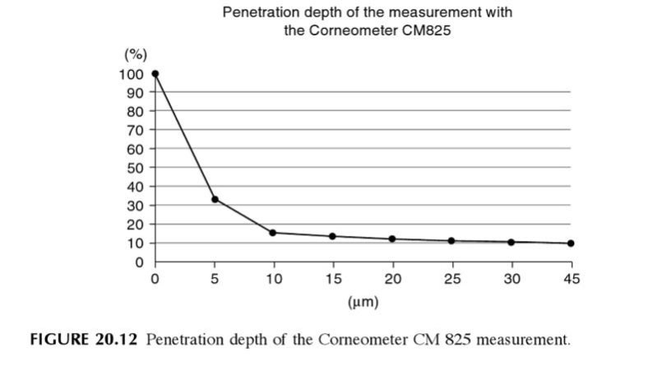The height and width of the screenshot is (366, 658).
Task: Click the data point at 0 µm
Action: [x=155, y=74]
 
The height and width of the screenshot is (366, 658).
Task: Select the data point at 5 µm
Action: [x=215, y=199]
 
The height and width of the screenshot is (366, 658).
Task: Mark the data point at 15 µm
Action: [x=332, y=236]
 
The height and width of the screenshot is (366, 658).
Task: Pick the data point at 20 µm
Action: [x=392, y=239]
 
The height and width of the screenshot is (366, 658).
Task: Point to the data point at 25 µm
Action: [x=452, y=241]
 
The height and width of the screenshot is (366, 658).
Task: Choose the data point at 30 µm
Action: [x=511, y=242]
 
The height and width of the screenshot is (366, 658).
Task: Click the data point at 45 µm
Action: [x=571, y=243]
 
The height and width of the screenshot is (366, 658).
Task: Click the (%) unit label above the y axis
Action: [x=135, y=55]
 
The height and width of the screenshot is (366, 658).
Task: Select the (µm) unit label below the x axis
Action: [x=363, y=302]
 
